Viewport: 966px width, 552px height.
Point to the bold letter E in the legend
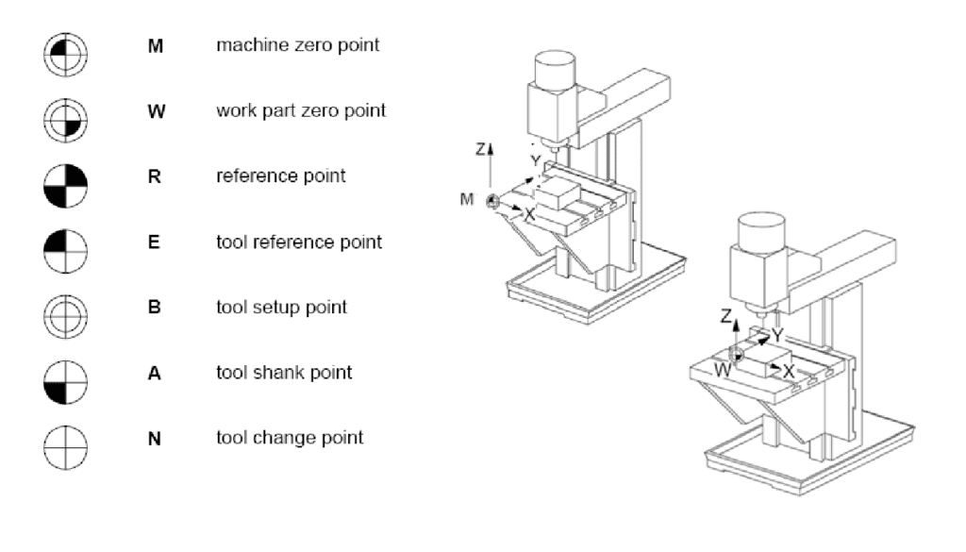tap(154, 243)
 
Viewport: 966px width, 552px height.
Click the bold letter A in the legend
tap(154, 373)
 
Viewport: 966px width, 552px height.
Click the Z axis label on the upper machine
tap(480, 149)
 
